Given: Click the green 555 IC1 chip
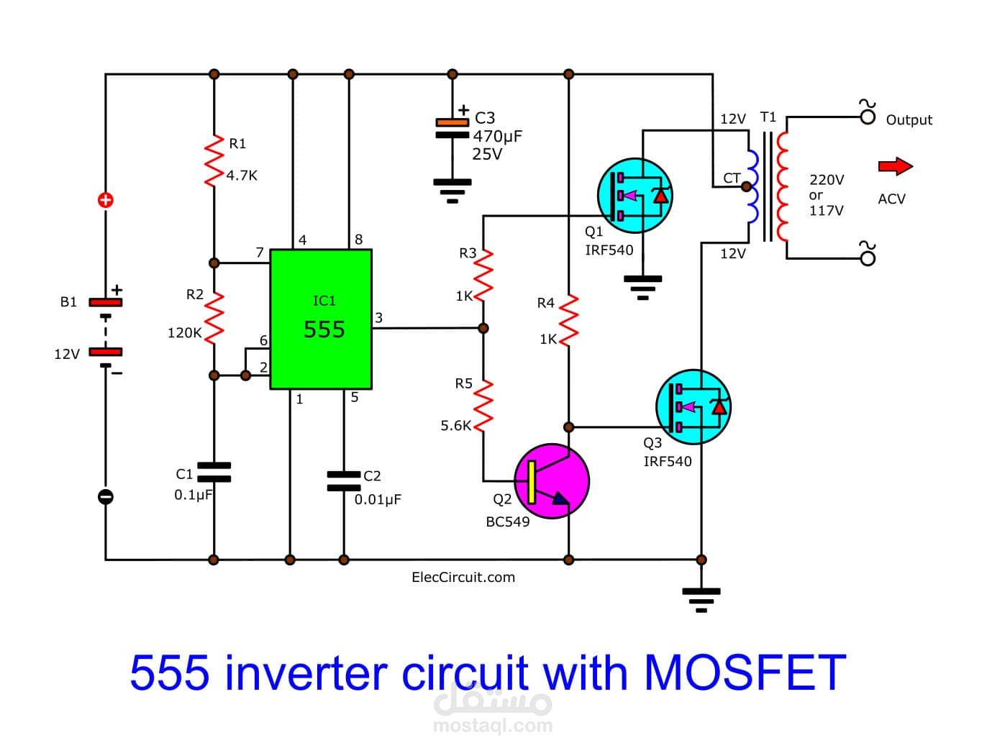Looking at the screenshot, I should point(321,319).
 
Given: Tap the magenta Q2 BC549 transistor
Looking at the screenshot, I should point(552,481).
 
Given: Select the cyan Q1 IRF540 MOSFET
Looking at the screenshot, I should point(634,196).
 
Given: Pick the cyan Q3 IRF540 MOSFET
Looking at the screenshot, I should point(693,406).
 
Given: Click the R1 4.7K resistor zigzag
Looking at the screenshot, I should point(214,160).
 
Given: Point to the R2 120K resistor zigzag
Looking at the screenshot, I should point(214,317).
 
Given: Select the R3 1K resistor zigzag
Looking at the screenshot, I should point(483,273).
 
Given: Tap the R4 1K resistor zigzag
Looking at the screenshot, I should point(569,319).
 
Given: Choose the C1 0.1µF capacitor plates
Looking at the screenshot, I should point(214,472).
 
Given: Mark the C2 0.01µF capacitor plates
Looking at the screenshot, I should point(344,481).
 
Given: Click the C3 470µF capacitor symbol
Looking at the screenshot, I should point(452,128).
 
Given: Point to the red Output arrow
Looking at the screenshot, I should point(895,166).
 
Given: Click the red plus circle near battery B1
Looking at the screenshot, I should point(106,200).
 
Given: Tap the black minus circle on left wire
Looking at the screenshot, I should point(106,496).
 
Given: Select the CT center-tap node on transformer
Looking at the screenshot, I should point(746,187).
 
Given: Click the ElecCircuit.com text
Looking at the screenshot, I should point(463,577).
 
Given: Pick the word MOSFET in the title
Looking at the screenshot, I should point(745,673).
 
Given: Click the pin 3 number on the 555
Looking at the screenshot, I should point(379,318).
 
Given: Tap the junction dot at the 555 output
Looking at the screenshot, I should point(483,328).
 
